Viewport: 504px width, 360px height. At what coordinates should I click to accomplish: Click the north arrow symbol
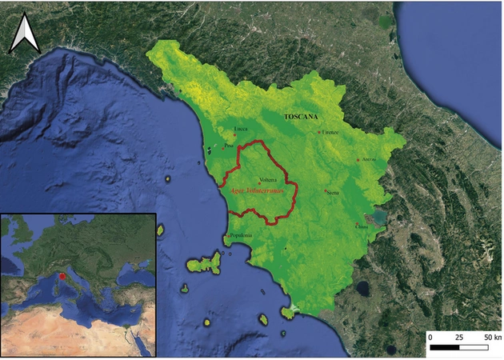tap(24, 36)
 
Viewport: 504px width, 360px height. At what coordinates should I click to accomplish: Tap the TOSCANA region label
tap(301, 116)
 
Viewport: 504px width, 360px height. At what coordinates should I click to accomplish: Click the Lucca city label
tap(240, 129)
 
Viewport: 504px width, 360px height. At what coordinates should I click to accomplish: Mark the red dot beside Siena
tap(325, 190)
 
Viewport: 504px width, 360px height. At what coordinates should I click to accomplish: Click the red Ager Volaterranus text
tap(258, 192)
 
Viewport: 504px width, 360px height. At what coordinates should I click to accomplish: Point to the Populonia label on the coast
tap(241, 235)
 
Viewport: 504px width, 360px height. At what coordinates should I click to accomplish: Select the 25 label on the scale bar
tap(459, 338)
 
